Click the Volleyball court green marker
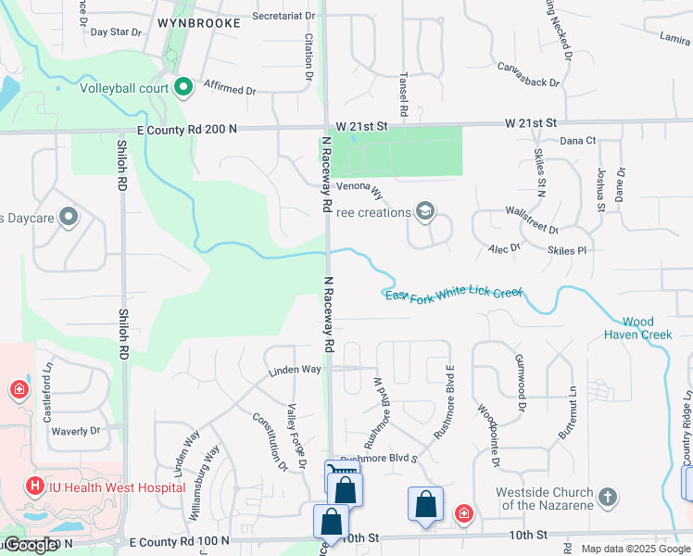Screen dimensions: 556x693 183,88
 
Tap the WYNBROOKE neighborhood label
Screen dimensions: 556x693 199,21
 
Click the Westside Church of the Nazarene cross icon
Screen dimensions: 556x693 608,497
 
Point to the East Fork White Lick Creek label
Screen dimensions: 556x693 454,294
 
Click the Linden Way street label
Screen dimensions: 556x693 295,369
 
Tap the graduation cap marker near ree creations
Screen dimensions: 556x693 424,212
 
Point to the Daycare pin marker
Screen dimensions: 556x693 68,218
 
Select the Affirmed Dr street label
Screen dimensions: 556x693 229,89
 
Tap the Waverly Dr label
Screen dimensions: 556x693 75,431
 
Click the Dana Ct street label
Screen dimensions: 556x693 577,141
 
